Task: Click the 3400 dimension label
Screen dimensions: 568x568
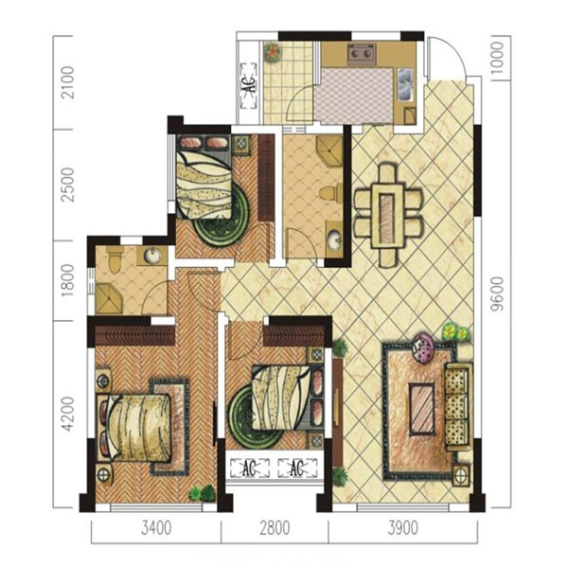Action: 156,528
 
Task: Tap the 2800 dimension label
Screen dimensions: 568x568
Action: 275,528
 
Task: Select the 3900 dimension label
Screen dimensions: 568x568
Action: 403,528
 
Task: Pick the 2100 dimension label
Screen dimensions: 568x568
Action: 68,82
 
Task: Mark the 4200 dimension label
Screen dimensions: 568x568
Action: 68,414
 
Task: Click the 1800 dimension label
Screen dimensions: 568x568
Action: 68,280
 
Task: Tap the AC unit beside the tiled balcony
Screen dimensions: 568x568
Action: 249,86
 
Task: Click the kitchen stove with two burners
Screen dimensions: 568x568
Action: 361,54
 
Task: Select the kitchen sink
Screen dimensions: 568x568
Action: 405,85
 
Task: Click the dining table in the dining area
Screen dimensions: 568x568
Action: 387,216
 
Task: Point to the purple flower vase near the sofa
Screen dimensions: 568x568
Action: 422,347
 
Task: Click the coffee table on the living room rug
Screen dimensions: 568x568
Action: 421,409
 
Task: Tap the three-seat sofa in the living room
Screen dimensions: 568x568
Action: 458,407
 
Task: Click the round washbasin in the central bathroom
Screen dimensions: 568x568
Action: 334,240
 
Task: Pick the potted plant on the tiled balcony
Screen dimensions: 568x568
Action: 272,52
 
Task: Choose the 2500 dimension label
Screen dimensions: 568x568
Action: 68,185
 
